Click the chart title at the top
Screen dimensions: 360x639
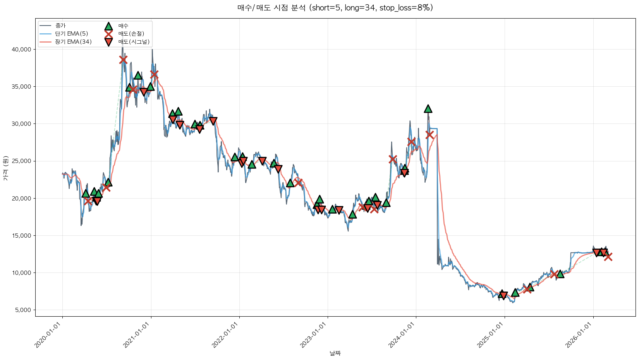335,8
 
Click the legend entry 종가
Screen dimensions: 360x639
60,26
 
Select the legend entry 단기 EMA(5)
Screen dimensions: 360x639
72,34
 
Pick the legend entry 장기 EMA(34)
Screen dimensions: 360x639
73,42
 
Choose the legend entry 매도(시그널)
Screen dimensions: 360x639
134,42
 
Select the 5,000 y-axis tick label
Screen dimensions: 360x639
24,310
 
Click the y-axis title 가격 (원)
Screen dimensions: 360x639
5,168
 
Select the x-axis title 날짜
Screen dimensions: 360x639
335,353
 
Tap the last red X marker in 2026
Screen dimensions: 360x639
608,256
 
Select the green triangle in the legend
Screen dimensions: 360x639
108,26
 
